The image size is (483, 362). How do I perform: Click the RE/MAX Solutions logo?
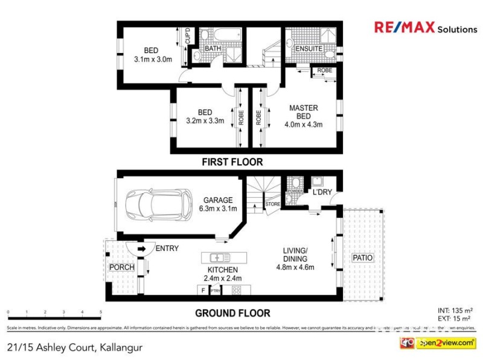(425, 28)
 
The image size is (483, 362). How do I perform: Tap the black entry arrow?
(140, 248)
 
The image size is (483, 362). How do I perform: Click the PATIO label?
(363, 258)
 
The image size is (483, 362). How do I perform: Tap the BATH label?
(213, 48)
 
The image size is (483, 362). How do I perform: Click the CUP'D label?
(187, 36)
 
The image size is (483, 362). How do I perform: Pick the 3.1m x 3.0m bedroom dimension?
(153, 60)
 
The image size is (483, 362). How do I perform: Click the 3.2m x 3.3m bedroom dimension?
(205, 121)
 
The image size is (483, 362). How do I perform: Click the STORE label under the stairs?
(273, 205)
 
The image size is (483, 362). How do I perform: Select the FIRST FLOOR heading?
(232, 162)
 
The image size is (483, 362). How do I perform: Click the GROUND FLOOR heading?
(232, 313)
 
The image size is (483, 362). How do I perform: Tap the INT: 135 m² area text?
(455, 310)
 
